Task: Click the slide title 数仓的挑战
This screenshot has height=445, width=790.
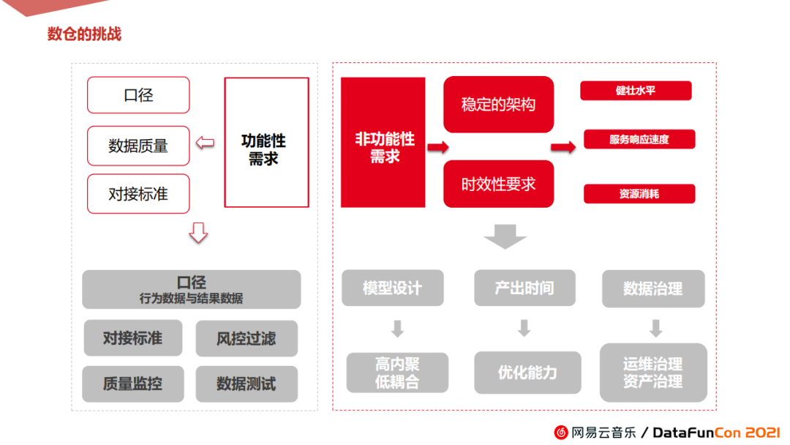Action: coord(84,34)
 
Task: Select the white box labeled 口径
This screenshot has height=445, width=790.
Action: coord(138,95)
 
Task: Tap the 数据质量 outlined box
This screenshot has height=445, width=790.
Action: coord(138,146)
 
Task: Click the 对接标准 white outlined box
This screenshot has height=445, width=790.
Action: coord(138,194)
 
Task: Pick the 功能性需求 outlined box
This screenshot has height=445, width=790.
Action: coord(266,143)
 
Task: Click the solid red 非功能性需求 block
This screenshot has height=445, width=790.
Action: coord(383,143)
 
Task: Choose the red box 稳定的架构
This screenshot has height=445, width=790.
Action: coord(498,105)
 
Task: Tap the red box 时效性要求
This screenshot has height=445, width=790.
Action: coord(498,184)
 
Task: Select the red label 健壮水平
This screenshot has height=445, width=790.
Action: coord(636,91)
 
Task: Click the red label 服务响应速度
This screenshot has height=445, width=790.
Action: coord(639,139)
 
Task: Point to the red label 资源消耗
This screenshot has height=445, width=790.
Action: coord(639,194)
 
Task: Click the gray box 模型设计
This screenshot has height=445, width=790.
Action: coord(393,288)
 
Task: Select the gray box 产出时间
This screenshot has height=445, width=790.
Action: coord(524,288)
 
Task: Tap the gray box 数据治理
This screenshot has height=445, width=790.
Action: coord(653,288)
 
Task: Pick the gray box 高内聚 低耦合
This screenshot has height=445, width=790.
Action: coord(397,373)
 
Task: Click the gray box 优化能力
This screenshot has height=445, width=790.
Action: coord(527,373)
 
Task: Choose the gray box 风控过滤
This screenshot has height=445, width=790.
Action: coord(247,338)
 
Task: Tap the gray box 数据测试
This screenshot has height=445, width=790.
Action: coord(247,384)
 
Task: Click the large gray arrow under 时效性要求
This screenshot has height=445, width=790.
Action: coord(505,236)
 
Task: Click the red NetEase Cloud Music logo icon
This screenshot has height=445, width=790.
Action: coord(561,433)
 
